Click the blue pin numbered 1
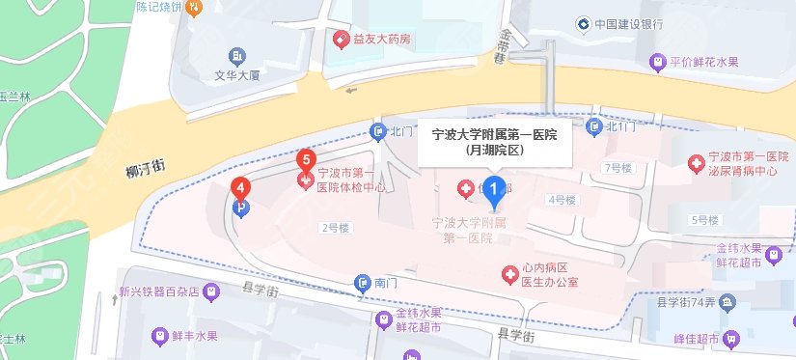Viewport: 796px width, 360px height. (495, 190)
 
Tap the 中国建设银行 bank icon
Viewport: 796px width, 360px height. (583, 23)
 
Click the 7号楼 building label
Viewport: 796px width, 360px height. (617, 168)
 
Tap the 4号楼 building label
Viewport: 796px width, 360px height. (561, 200)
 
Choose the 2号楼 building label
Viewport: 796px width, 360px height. (334, 228)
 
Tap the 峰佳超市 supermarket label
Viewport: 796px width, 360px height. (696, 339)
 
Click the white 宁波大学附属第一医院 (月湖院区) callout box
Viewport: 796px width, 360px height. (494, 143)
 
